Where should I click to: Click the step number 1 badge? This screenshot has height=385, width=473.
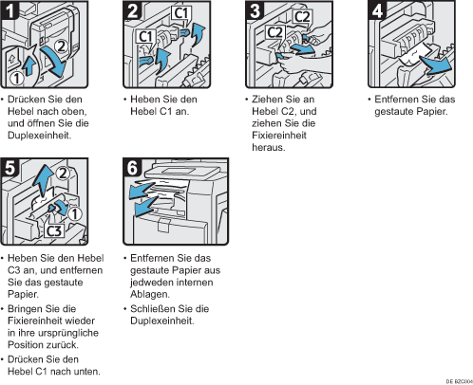coord(9,9)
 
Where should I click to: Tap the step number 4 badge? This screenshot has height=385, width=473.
coord(377,9)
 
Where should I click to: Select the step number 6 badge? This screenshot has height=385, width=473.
coord(132,168)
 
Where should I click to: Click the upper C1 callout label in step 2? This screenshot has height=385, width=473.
coord(181,13)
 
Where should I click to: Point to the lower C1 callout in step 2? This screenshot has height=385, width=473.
coord(146,36)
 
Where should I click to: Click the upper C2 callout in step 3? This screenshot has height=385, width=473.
coord(301,17)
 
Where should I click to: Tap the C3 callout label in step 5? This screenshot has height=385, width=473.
coord(54,231)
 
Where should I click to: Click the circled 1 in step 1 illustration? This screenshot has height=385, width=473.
coord(17,78)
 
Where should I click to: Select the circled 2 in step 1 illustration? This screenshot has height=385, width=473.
coord(61,46)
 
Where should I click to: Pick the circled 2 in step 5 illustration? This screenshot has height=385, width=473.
coord(63,173)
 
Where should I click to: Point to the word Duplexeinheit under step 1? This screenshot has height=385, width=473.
coord(39,136)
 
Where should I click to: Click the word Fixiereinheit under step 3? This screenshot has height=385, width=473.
coord(279,136)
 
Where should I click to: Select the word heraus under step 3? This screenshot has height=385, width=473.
coord(269,147)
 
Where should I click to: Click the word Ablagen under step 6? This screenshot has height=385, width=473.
coord(150,294)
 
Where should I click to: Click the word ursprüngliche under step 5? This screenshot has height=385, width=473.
coord(67,333)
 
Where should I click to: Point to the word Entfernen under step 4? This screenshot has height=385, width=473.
coord(395,100)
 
